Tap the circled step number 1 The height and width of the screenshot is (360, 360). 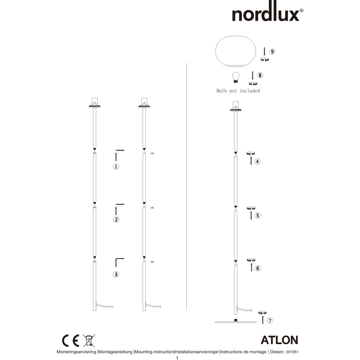pyautogui.click(x=116, y=166)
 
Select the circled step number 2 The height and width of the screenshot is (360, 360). pyautogui.click(x=116, y=220)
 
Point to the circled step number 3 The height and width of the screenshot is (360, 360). pyautogui.click(x=116, y=274)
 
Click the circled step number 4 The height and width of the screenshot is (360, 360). pyautogui.click(x=257, y=161)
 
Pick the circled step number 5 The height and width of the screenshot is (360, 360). pyautogui.click(x=258, y=215)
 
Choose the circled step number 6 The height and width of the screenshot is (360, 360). pyautogui.click(x=258, y=268)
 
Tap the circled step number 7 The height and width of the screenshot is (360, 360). pyautogui.click(x=270, y=320)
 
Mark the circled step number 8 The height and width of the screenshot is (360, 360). pyautogui.click(x=260, y=75)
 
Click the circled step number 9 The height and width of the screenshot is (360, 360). pyautogui.click(x=272, y=51)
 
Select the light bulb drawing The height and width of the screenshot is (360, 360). pyautogui.click(x=235, y=77)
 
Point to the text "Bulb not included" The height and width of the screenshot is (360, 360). pyautogui.click(x=238, y=91)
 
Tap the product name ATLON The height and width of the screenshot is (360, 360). pyautogui.click(x=279, y=340)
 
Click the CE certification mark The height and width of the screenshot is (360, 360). pyautogui.click(x=71, y=341)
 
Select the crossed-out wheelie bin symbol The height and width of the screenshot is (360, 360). pyautogui.click(x=89, y=341)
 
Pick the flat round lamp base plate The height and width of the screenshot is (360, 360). pyautogui.click(x=235, y=322)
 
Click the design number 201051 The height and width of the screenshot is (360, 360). pyautogui.click(x=292, y=352)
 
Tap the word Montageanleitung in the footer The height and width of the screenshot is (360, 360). pyautogui.click(x=115, y=352)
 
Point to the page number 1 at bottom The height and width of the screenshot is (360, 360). pyautogui.click(x=177, y=358)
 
